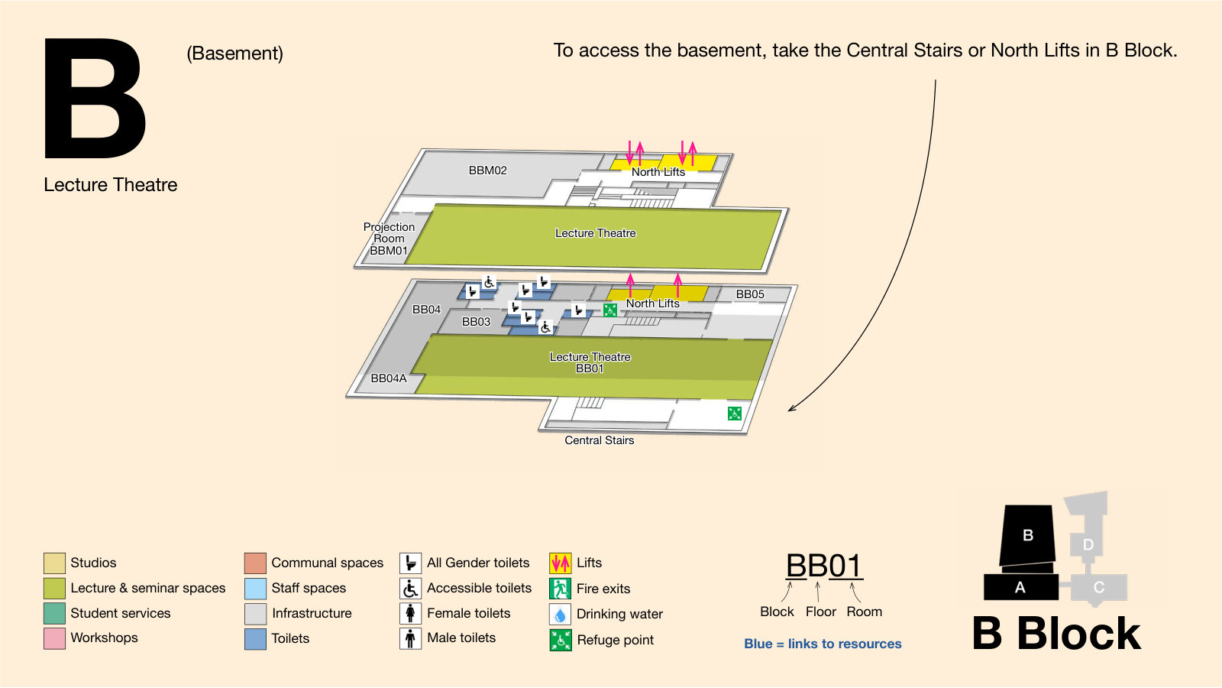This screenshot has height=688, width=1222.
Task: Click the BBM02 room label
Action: coord(488,170)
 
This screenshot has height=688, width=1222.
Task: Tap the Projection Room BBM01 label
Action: coord(389,239)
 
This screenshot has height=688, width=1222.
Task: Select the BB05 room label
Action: coord(750,294)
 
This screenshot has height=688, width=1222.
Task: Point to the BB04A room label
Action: coord(389,378)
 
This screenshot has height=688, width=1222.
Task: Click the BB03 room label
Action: coord(477,322)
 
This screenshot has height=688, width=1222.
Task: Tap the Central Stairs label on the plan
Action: coord(599,440)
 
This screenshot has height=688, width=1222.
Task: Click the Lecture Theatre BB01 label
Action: coord(590,362)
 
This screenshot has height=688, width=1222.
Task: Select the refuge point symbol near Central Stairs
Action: coord(734,414)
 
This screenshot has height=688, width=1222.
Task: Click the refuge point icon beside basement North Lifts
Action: coord(610,310)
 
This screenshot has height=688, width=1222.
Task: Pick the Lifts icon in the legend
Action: coord(561,563)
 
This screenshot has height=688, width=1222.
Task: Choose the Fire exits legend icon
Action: coord(561,589)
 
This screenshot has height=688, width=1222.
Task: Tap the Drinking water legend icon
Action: coord(561,615)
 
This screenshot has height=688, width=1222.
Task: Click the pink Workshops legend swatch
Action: coord(54,638)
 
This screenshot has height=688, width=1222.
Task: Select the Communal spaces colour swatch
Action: coord(255,563)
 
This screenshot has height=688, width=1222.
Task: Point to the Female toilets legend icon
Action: coord(410,613)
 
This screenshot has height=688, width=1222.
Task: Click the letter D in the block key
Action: coord(1088,544)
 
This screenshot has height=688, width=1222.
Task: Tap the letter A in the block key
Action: coord(1020,588)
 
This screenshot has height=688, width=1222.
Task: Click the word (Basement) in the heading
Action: coord(234,54)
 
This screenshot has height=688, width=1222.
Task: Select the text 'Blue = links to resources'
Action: coord(823,644)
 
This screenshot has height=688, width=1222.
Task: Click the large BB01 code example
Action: coord(824,566)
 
